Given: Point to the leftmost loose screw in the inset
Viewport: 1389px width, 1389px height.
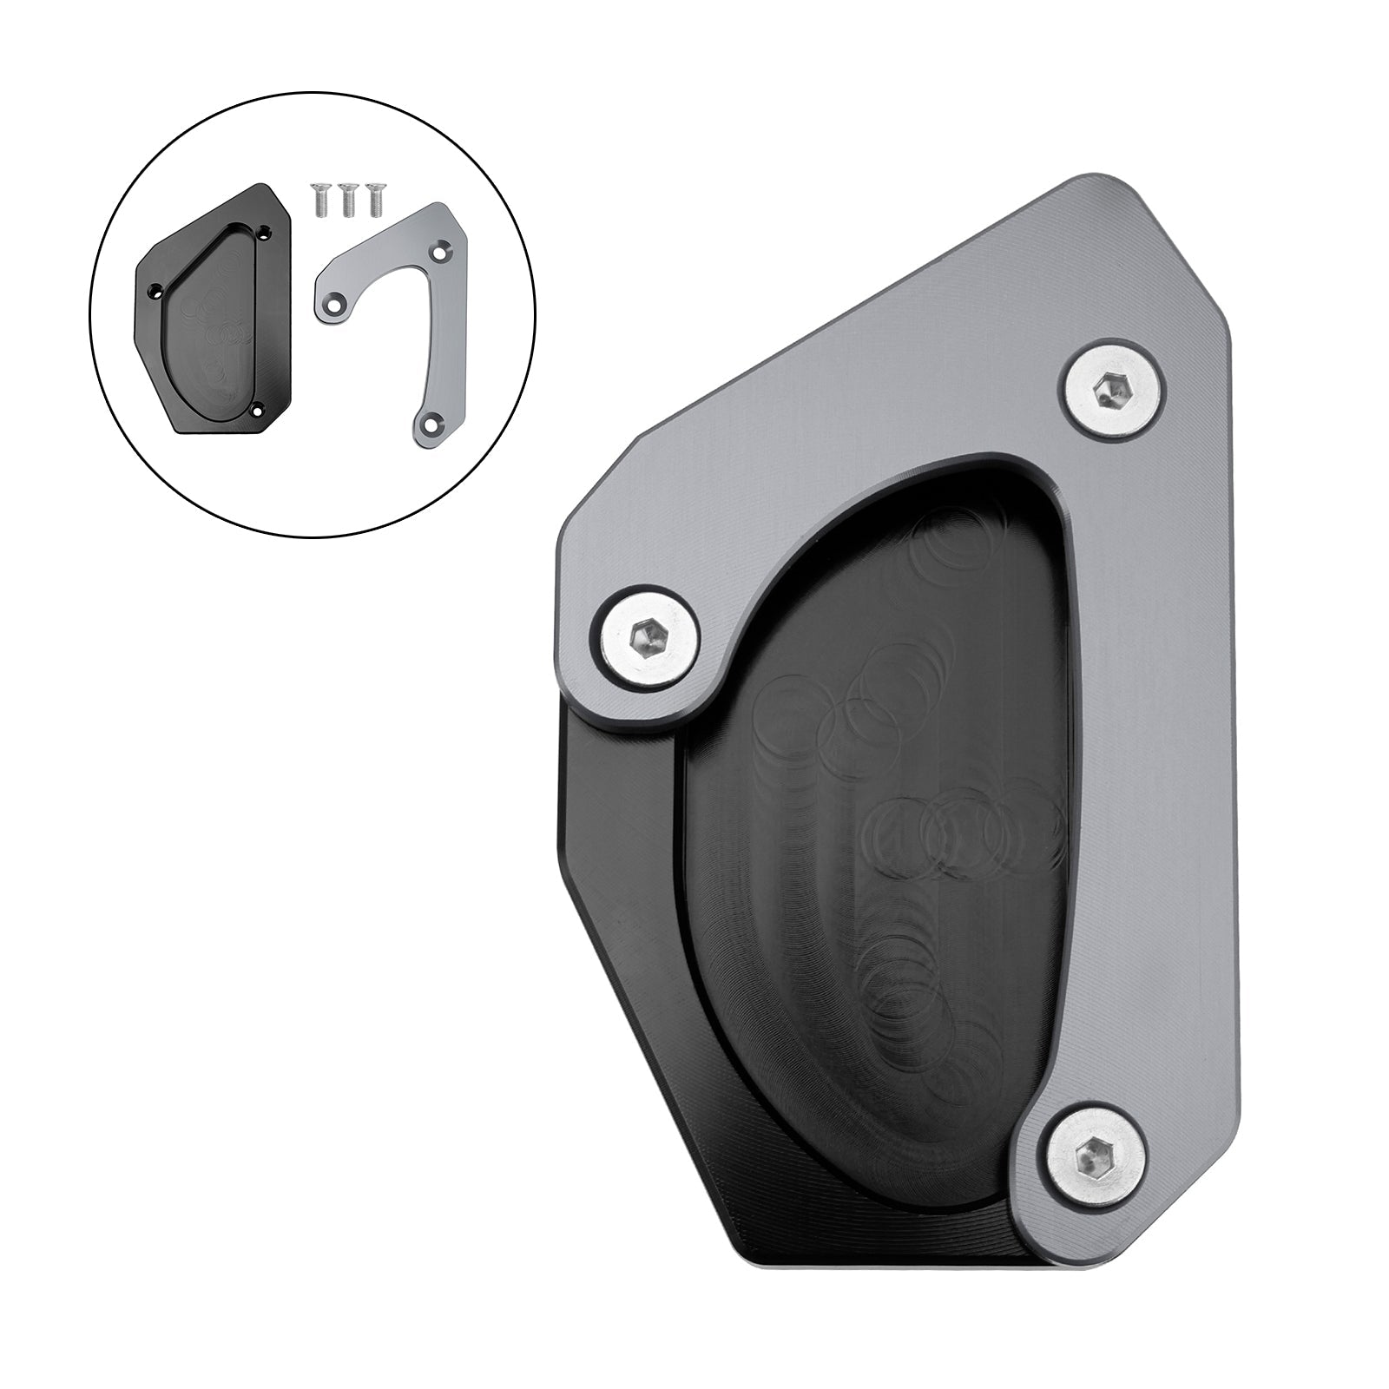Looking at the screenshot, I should click(317, 201).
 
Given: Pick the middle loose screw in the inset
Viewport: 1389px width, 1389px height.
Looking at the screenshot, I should click(346, 201).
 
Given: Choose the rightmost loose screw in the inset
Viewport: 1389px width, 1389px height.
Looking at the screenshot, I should click(375, 201).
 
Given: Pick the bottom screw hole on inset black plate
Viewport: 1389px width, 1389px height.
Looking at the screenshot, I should click(257, 408).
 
